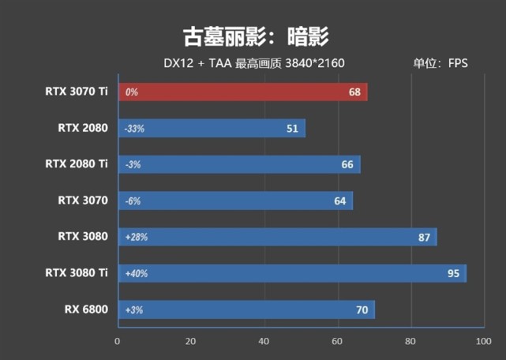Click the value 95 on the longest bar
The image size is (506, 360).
pyautogui.click(x=453, y=274)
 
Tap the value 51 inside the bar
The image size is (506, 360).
pyautogui.click(x=292, y=129)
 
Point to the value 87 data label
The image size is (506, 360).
pyautogui.click(x=424, y=238)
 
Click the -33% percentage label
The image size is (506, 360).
pyautogui.click(x=134, y=129)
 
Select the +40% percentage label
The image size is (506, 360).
pyautogui.click(x=136, y=274)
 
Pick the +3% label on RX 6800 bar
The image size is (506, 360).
pyautogui.click(x=133, y=310)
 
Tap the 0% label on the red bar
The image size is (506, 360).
pyautogui.click(x=131, y=92)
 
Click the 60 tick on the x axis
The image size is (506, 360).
pyautogui.click(x=337, y=342)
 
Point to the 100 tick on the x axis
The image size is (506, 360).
pyautogui.click(x=482, y=342)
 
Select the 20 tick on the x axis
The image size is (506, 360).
pyautogui.click(x=190, y=342)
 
